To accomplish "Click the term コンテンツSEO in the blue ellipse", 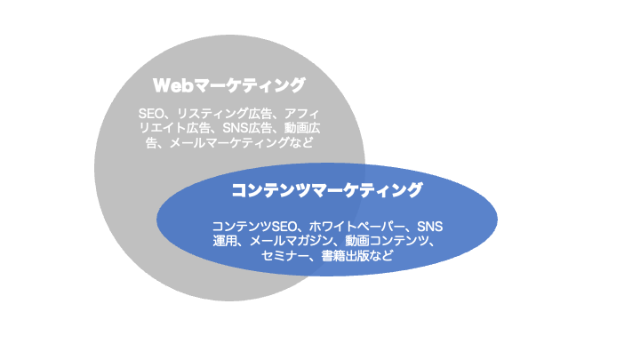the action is coord(254,227).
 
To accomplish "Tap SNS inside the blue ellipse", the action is coord(430,227).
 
